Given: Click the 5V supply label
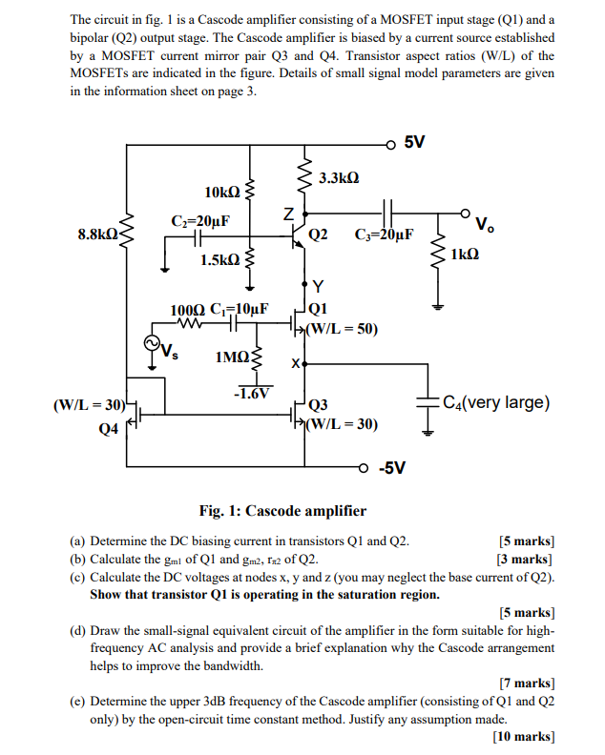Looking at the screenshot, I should click(414, 143).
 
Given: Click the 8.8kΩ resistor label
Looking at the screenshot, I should click(97, 234).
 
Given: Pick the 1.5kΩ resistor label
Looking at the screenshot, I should click(219, 259).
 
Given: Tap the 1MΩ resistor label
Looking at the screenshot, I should click(232, 357).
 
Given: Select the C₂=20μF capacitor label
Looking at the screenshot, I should click(200, 222).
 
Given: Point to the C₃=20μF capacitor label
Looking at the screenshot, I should click(384, 235).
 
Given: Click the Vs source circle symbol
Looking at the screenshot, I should click(151, 344).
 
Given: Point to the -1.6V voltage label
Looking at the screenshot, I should click(252, 393).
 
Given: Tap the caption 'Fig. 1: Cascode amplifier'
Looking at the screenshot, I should click(282, 511).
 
